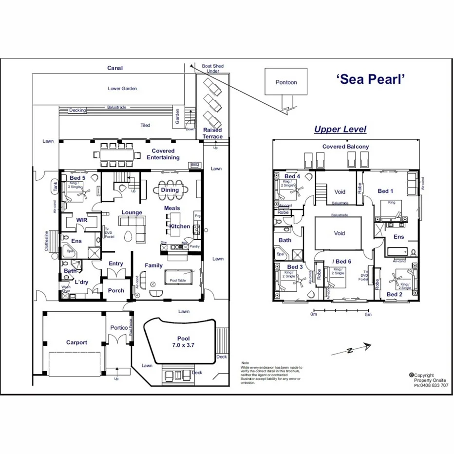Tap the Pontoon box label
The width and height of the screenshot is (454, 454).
pos(286,82)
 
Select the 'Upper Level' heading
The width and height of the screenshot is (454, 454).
pos(340,129)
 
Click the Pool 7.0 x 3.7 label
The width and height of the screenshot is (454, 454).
pos(184,341)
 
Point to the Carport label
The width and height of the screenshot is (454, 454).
pos(76,342)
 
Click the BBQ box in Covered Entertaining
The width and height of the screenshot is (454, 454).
pos(195,165)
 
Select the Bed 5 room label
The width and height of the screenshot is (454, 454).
pos(77,178)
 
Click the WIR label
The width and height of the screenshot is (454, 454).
pos(81,221)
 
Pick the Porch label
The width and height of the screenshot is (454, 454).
pos(116,291)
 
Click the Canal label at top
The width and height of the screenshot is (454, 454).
pos(115,68)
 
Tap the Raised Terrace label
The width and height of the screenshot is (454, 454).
pos(212,133)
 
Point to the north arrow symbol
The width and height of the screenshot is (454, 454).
pos(351,349)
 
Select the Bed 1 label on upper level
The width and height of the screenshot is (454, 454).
pos(386,191)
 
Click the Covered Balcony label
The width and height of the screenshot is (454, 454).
pos(345,147)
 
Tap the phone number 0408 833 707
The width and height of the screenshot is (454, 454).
pos(431,385)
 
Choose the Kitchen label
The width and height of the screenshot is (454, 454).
pos(180,227)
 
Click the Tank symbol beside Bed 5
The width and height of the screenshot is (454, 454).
pos(55,186)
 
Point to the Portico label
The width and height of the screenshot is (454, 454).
pos(119,328)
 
